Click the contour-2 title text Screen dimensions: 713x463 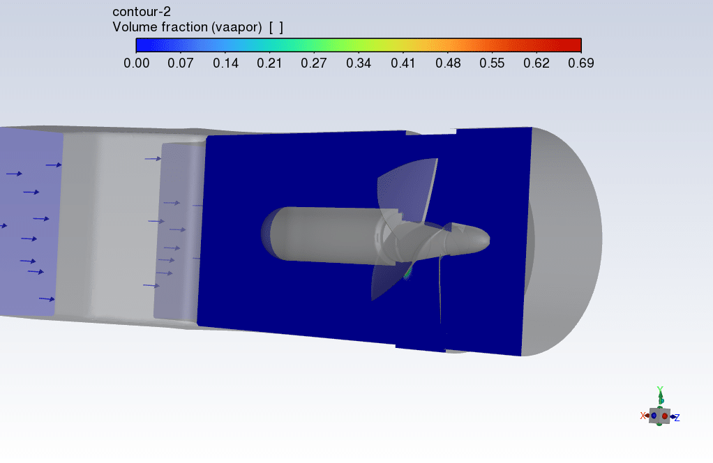(x=142, y=12)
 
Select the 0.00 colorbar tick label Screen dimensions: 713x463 (x=137, y=63)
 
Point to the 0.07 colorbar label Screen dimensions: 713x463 (x=181, y=63)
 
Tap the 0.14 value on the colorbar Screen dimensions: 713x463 (x=225, y=63)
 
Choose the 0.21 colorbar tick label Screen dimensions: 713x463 (x=269, y=63)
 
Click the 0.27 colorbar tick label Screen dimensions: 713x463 (x=314, y=63)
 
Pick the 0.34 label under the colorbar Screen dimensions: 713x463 (x=359, y=63)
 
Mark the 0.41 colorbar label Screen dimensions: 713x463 (x=403, y=63)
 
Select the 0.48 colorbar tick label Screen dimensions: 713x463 (x=448, y=63)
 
